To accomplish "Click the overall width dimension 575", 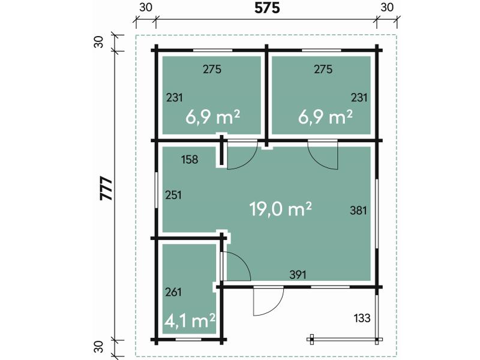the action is click(267, 8).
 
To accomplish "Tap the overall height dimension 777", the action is click(107, 188).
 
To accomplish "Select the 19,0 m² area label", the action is click(281, 209).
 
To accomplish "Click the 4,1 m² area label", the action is click(190, 320).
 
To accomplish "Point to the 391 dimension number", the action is click(298, 275).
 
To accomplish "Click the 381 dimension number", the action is click(358, 211).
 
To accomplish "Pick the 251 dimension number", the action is click(173, 195).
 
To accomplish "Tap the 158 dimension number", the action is click(190, 160).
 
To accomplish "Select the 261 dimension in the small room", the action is click(173, 292).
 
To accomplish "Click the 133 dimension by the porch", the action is click(362, 318).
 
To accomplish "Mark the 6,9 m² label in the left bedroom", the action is click(212, 117).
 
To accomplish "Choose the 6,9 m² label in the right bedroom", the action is click(325, 117).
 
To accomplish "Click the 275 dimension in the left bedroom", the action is click(212, 69).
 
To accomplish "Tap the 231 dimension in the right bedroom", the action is click(359, 98).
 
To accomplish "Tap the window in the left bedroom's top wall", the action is click(212, 50).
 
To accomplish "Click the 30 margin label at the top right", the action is click(387, 7).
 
